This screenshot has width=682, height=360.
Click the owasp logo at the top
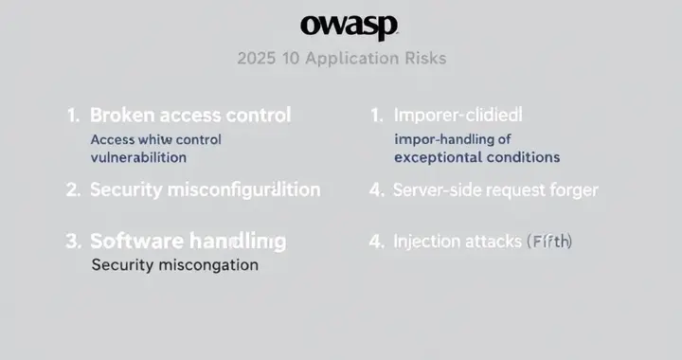(350, 26)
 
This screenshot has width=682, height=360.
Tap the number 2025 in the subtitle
(258, 58)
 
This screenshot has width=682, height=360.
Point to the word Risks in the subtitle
(422, 58)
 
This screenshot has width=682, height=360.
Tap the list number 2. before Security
(73, 189)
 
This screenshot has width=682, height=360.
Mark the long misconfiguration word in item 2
(243, 189)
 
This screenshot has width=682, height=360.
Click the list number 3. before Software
(73, 241)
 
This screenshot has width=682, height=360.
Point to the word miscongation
(208, 265)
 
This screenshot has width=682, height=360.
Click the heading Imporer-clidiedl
(458, 116)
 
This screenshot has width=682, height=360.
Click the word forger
(574, 189)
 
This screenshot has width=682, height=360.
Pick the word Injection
(425, 241)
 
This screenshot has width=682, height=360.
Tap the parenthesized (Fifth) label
(548, 241)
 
